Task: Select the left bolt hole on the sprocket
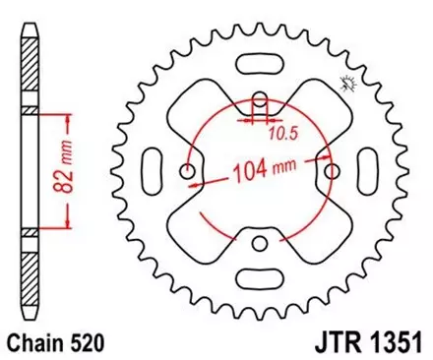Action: pyautogui.click(x=189, y=171)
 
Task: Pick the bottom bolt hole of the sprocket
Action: pyautogui.click(x=260, y=242)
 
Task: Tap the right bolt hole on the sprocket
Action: pyautogui.click(x=332, y=171)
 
